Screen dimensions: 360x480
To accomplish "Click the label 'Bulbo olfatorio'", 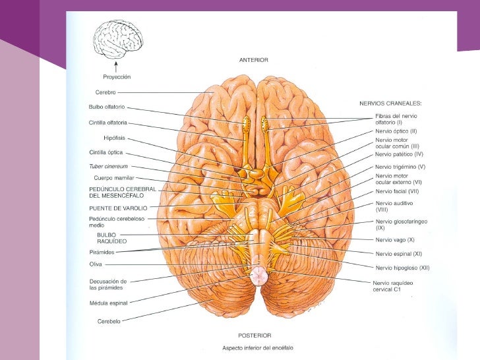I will [x=106, y=107].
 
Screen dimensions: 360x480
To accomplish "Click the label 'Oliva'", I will [x=95, y=264].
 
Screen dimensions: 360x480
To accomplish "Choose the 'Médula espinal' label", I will [x=109, y=303].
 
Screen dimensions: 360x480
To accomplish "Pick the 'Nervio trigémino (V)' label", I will [x=400, y=167].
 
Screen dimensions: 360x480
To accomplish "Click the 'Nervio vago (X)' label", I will [x=394, y=239].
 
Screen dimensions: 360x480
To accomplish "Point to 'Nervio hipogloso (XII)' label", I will [x=402, y=268].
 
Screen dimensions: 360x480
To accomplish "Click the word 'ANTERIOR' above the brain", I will [x=253, y=60].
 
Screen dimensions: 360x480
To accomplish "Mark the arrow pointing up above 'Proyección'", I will [x=117, y=66].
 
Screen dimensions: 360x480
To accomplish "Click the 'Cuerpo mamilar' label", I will [x=115, y=178].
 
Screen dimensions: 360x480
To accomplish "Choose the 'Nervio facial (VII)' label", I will [x=396, y=191].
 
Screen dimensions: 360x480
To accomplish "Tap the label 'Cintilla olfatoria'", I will [x=108, y=122].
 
